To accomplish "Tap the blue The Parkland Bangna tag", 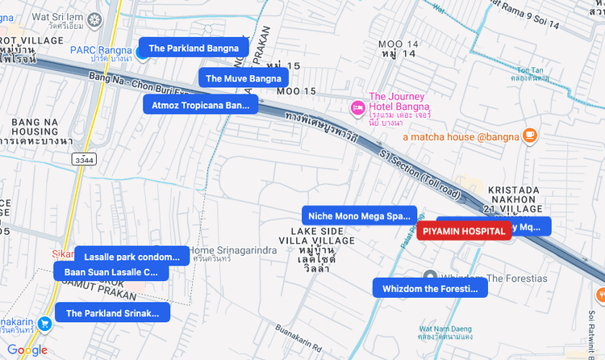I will coord(193,48).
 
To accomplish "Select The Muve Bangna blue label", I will coord(243,78).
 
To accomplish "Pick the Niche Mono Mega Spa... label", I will coord(359,216).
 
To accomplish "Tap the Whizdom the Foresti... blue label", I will coord(430,288).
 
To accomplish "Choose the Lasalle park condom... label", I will coord(131,257).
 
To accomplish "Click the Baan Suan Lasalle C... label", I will coord(111,272).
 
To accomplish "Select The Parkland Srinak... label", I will coord(112,313).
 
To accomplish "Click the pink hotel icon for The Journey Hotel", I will coord(357,107).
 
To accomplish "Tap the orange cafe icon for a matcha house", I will coord(529,136).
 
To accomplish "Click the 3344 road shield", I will coord(84,160).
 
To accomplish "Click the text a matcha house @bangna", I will coord(460,136).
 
